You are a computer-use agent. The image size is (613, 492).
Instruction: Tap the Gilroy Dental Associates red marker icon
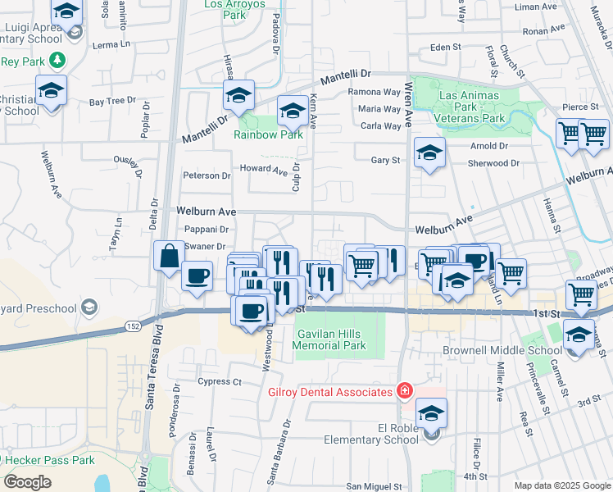click(404, 391)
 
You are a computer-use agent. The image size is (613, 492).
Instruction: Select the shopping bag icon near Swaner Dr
click(169, 256)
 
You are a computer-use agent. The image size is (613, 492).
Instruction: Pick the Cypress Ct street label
click(220, 381)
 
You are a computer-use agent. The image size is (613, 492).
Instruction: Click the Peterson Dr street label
click(207, 175)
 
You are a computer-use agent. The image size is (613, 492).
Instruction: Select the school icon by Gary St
click(429, 153)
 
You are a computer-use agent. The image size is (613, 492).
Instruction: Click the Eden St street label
click(446, 48)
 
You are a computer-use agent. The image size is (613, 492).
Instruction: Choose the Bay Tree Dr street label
click(112, 102)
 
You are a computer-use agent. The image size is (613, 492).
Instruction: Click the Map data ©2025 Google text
click(561, 485)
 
